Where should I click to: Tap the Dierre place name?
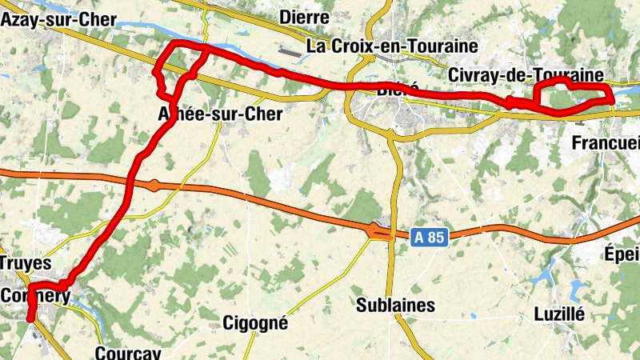(305, 17)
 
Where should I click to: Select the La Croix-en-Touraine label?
(393, 46)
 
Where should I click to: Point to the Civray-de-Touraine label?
(526, 74)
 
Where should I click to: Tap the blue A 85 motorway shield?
(430, 237)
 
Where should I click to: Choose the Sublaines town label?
(395, 305)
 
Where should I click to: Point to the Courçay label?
(128, 353)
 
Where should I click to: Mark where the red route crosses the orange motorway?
(130, 186)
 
